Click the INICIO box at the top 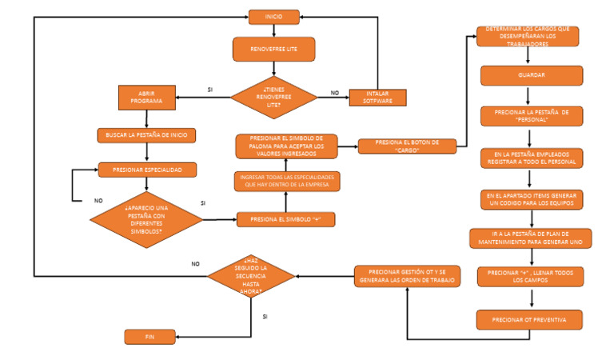(274, 17)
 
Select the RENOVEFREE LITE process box (274, 50)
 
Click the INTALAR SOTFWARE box (377, 97)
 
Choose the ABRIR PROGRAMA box (147, 97)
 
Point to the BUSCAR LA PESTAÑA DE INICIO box (146, 134)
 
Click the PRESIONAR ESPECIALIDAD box (146, 169)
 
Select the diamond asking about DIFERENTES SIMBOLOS (146, 218)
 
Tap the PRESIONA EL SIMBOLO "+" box (285, 219)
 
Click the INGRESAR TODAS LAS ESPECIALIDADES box (287, 181)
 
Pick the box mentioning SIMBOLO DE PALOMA (286, 146)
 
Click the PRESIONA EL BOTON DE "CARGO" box (406, 146)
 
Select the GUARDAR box (532, 75)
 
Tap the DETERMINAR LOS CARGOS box (528, 37)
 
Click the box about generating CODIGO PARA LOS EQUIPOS (532, 199)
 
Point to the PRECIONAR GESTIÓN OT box (407, 276)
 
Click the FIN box (150, 337)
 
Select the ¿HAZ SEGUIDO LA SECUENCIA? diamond (251, 277)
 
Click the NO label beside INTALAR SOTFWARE (334, 93)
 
